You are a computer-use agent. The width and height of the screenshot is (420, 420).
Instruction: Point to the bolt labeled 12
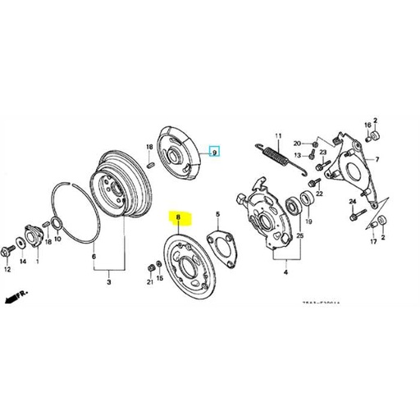click(8, 249)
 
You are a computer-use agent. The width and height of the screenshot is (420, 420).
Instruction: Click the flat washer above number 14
click(23, 241)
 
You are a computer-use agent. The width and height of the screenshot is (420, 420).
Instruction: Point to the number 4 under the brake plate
click(285, 272)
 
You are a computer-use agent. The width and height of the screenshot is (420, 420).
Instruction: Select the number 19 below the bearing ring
click(309, 221)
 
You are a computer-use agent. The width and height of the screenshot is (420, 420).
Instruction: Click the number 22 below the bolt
click(319, 194)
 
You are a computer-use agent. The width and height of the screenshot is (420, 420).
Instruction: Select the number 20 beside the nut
click(298, 142)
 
